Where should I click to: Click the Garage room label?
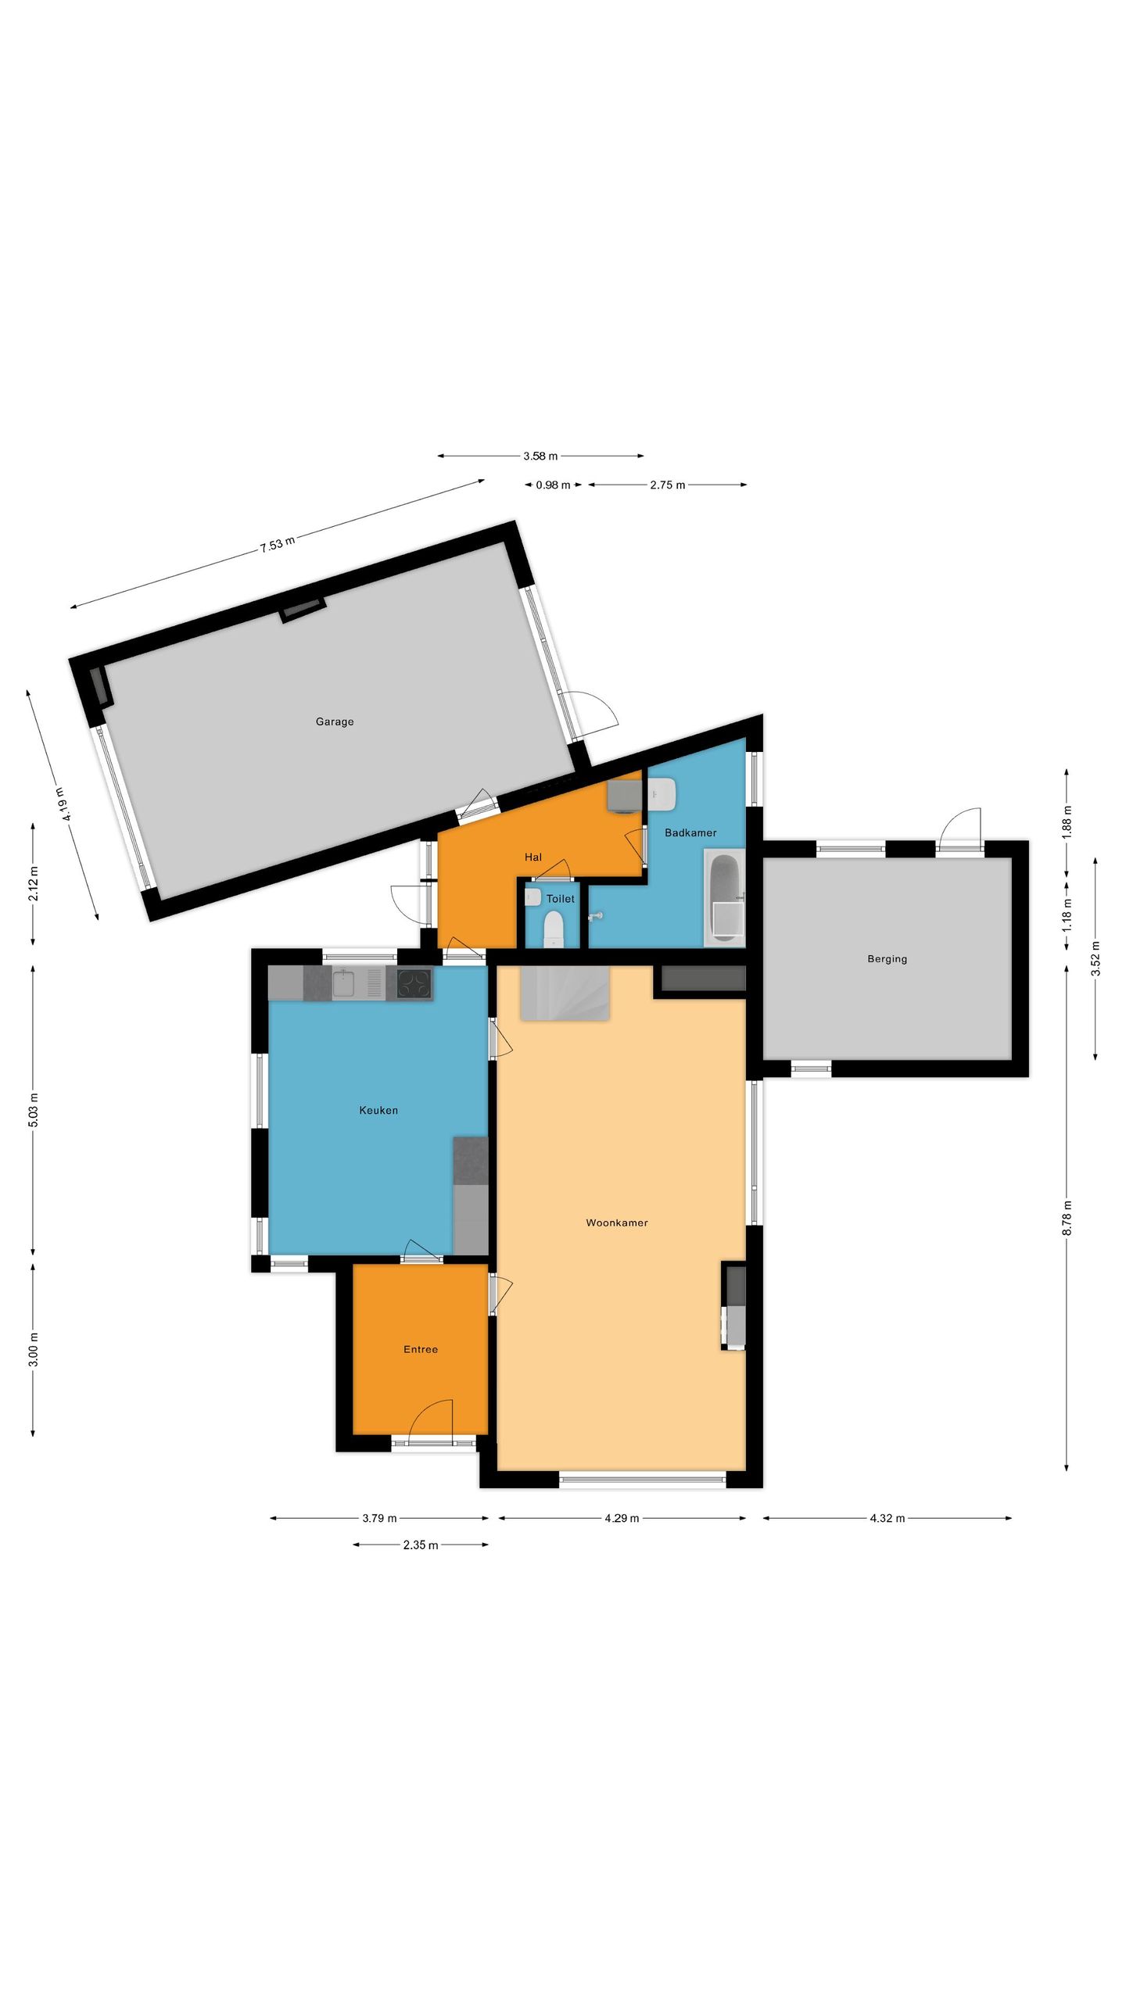tap(334, 721)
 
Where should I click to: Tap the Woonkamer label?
tap(616, 1222)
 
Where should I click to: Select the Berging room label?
tap(887, 958)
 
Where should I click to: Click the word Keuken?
tap(378, 1110)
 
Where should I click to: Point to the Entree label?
tap(420, 1349)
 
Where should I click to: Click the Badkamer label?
tap(690, 832)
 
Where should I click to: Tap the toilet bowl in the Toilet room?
tap(554, 929)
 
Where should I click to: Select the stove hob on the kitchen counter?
tap(414, 983)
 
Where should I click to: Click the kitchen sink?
tap(344, 983)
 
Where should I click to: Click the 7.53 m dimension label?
tap(278, 544)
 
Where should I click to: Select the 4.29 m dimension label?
tap(622, 1518)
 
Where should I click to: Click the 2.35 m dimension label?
tap(421, 1545)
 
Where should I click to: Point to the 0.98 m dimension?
tap(553, 485)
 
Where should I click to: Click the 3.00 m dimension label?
tap(33, 1349)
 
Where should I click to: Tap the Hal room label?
tap(533, 857)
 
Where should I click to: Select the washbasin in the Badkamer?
tap(662, 793)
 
